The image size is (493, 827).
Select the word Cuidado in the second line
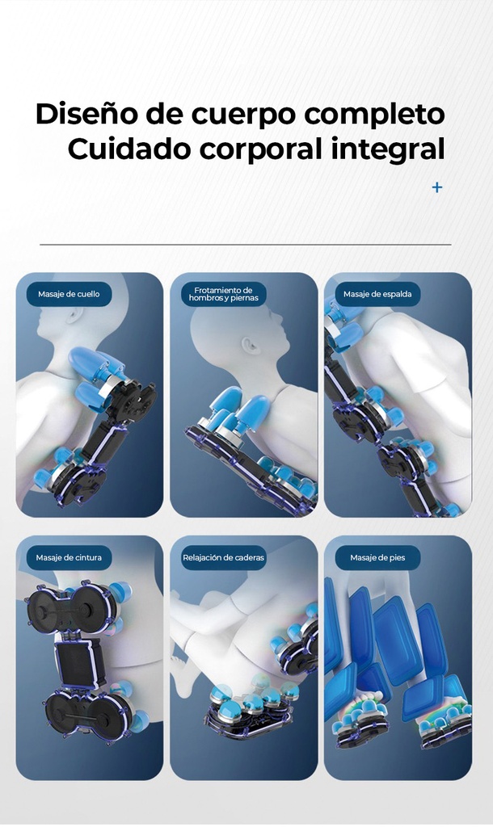pos(129,149)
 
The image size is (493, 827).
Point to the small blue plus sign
pos(437,187)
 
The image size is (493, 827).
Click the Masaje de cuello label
pos(69,294)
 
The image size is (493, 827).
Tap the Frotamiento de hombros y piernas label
pos(223,294)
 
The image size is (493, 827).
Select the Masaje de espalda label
pos(377,294)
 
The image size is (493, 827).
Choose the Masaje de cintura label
pos(69,557)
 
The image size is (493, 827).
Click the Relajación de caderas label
pos(223,557)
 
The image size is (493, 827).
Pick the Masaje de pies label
pos(377,557)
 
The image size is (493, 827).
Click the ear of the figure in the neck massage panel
pos(74,315)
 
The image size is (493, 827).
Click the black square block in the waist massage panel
pos(77,665)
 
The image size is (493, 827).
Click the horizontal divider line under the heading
pos(246,244)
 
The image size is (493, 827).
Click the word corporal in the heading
pos(261,149)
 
